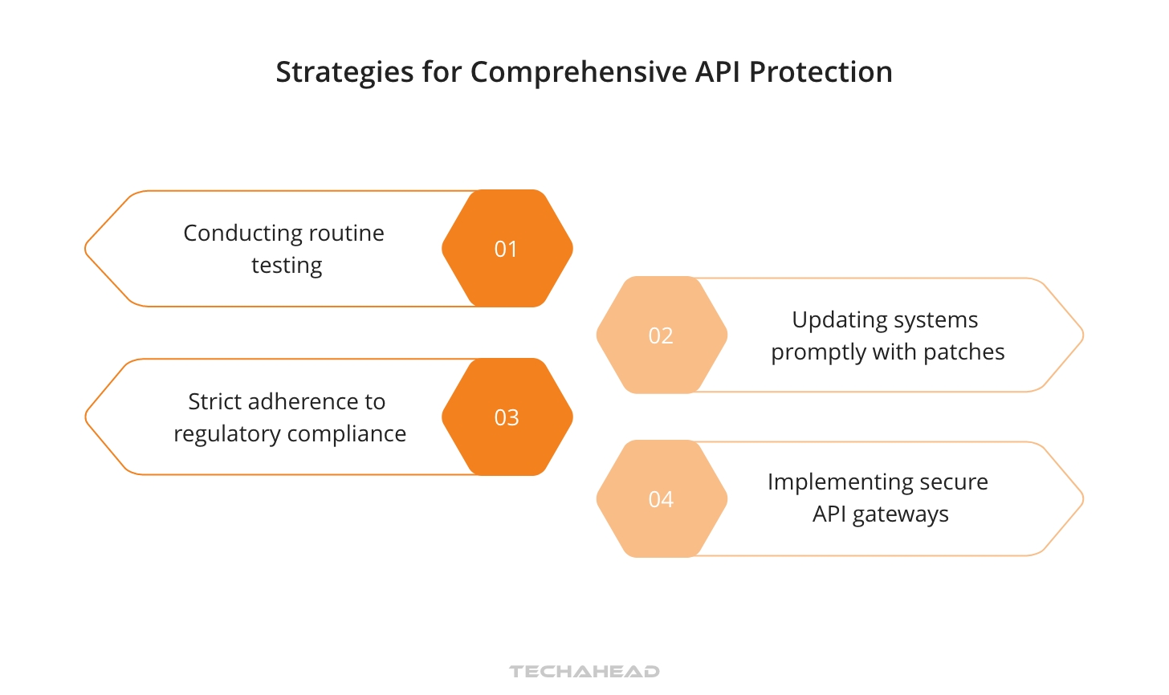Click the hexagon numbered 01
[507, 249]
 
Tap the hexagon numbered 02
[662, 335]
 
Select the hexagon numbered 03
[507, 417]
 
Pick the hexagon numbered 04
[662, 499]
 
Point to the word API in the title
[718, 72]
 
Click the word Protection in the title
[821, 72]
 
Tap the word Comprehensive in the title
[579, 72]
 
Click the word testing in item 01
[287, 266]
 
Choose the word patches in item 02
[963, 352]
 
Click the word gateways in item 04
[900, 514]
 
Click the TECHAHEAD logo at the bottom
[584, 671]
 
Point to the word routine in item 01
[346, 233]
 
